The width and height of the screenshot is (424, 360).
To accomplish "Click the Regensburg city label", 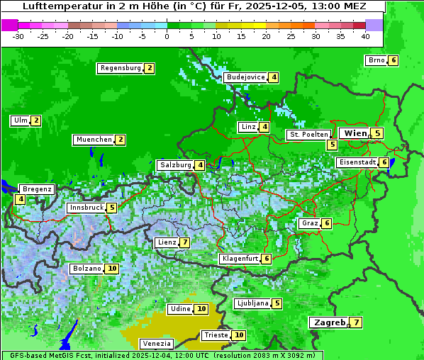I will (121, 68).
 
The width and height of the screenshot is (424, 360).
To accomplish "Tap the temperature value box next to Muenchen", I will (121, 140).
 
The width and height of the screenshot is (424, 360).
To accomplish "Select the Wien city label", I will (355, 133).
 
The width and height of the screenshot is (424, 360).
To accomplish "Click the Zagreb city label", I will (328, 322).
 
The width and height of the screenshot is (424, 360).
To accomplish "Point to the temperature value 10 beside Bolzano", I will (112, 269).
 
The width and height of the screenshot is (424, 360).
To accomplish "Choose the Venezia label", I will (157, 344).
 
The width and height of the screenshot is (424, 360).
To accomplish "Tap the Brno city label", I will (376, 60).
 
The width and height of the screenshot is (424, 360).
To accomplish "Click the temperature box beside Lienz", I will (184, 242).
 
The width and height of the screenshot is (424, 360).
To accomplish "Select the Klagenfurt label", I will (240, 259).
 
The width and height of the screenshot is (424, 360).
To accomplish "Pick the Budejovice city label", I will (245, 77).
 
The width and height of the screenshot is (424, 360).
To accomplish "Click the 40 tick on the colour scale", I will (365, 35).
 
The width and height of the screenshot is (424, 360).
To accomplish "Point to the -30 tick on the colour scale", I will (18, 35).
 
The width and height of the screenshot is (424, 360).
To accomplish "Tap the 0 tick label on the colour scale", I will (167, 35).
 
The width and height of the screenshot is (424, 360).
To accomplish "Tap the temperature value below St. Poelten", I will (332, 145).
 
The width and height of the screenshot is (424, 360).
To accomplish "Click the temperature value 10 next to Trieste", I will (239, 335).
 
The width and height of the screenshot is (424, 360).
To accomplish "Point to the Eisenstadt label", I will (357, 162).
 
